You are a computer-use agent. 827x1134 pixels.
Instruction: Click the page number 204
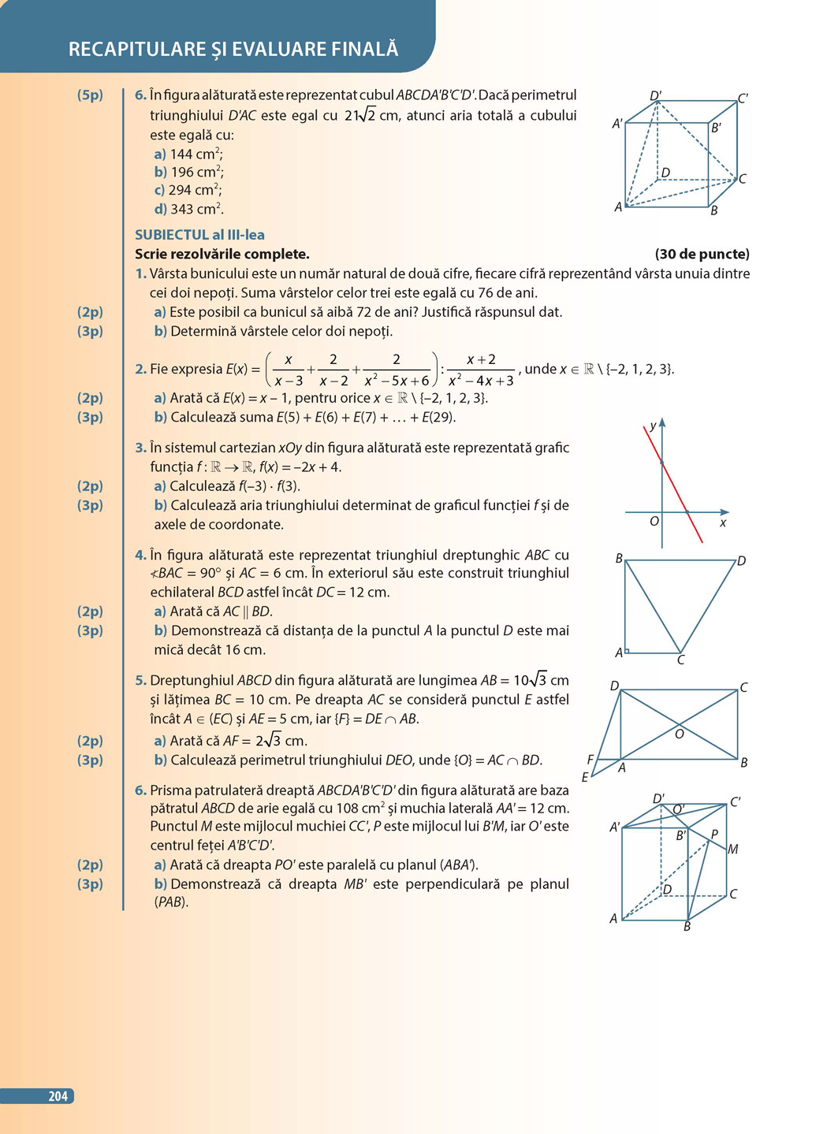click(58, 1096)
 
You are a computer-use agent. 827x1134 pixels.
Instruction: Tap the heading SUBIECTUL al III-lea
click(199, 235)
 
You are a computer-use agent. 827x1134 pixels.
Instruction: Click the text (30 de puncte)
click(702, 254)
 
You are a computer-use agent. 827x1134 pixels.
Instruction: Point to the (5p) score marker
click(90, 95)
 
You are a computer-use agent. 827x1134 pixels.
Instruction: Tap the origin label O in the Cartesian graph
click(654, 522)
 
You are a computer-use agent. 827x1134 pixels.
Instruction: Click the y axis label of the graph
click(652, 426)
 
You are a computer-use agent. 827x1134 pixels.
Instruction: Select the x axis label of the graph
click(722, 523)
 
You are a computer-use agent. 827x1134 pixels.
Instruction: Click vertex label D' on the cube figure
click(655, 96)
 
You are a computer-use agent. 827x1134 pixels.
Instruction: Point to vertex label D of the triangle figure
click(741, 561)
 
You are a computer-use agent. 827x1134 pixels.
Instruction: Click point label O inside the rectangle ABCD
click(679, 734)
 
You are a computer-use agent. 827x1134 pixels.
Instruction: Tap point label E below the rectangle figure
click(585, 777)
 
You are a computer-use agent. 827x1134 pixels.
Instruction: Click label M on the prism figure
click(732, 850)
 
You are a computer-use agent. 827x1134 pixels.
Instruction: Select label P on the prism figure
click(714, 834)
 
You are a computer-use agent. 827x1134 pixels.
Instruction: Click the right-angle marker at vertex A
click(628, 651)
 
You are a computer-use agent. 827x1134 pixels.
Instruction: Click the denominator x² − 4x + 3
click(480, 381)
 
